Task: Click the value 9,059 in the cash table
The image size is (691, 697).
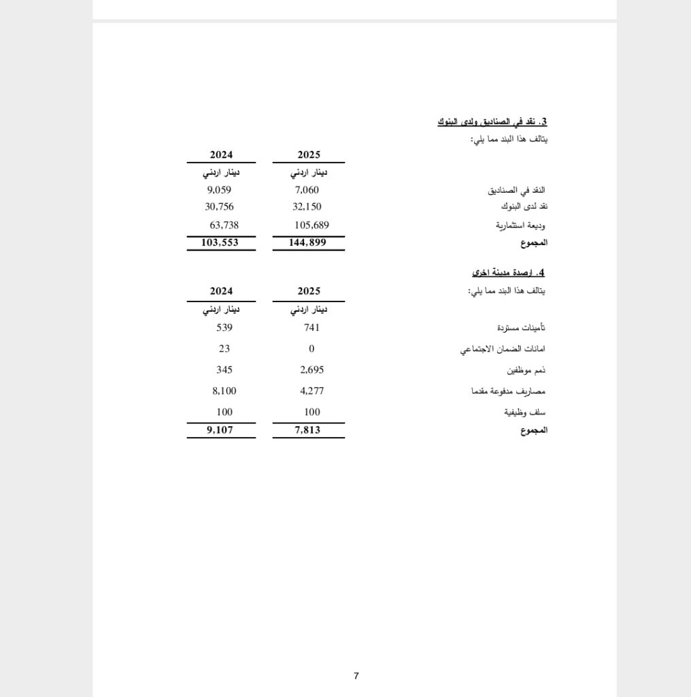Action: click(220, 190)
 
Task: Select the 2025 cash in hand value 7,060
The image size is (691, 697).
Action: click(307, 190)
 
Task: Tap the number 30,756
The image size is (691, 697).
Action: click(220, 207)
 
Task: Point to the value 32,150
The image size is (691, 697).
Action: click(307, 207)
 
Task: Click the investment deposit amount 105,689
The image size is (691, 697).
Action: click(311, 225)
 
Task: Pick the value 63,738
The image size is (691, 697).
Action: click(224, 225)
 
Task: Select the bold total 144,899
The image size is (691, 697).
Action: click(307, 242)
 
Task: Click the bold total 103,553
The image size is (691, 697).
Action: click(220, 242)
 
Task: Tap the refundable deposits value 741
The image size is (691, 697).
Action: click(311, 327)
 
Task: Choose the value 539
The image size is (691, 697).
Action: click(224, 327)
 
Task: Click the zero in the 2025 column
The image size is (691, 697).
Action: click(311, 348)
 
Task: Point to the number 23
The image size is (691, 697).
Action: click(224, 348)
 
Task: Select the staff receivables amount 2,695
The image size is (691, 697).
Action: click(311, 370)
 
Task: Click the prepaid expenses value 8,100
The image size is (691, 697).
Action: click(224, 391)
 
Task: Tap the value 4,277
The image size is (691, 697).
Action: click(311, 391)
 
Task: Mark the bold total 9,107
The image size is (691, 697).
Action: click(220, 429)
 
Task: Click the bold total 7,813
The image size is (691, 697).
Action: click(307, 429)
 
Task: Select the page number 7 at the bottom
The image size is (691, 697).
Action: click(356, 676)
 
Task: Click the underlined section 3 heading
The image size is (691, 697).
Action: click(492, 122)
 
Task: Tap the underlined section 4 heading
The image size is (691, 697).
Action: click(508, 272)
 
